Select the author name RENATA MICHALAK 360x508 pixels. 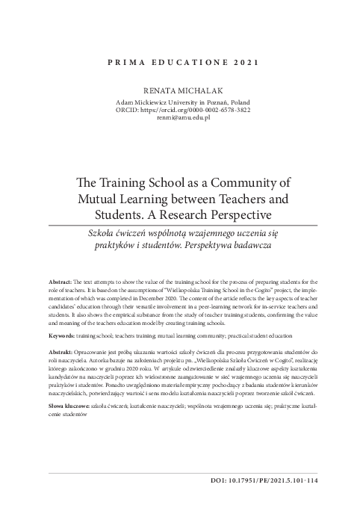179,90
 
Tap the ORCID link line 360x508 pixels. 179,109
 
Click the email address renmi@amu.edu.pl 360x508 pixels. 179,117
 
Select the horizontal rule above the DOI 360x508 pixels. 179,473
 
